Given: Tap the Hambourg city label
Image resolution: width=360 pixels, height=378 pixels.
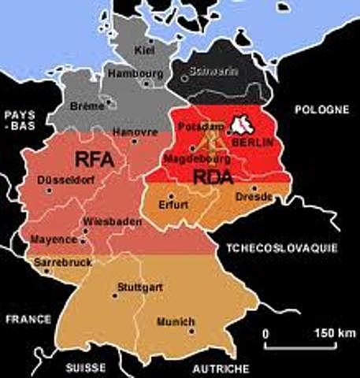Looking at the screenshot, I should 141,73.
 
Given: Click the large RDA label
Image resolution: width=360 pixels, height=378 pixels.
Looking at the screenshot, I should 213,177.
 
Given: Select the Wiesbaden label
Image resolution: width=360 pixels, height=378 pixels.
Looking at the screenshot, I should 112,222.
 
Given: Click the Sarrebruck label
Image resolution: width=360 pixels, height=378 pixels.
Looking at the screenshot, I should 63,261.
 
